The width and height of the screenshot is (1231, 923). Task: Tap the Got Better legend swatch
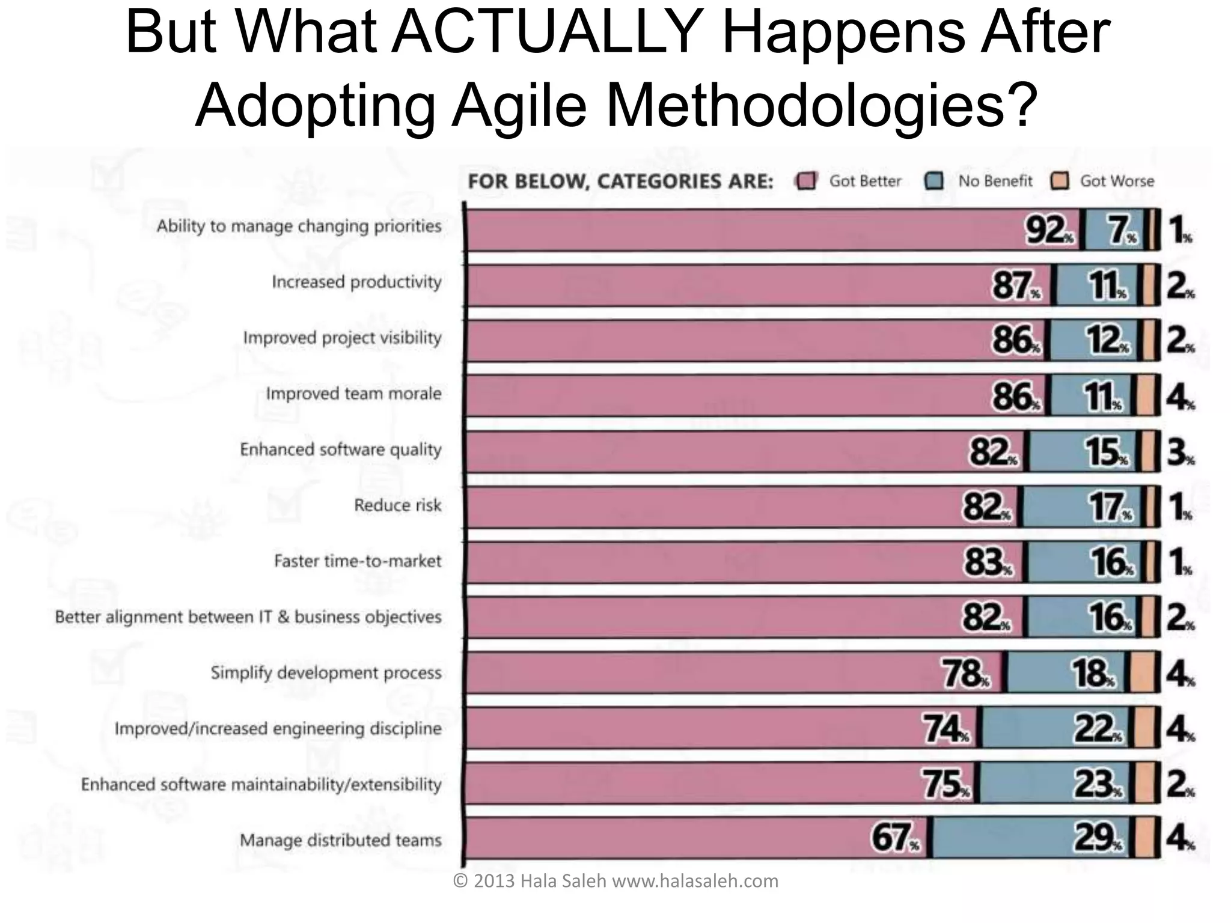click(x=805, y=181)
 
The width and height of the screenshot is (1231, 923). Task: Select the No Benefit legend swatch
click(x=934, y=181)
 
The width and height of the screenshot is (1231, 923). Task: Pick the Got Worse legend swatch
click(x=1060, y=181)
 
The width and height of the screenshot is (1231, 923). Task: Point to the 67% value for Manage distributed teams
click(x=894, y=838)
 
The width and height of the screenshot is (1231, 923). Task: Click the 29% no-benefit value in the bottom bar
click(x=1097, y=838)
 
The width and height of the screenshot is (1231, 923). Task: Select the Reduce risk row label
click(x=397, y=505)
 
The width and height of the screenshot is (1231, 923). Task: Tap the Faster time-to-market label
click(x=358, y=561)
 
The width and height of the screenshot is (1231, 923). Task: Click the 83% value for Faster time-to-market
click(x=988, y=563)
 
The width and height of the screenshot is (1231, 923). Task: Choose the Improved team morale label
click(x=353, y=394)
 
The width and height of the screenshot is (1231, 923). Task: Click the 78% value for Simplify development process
click(x=964, y=674)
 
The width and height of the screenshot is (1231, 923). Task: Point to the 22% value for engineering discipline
click(x=1097, y=730)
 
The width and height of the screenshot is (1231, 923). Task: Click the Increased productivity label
click(x=356, y=282)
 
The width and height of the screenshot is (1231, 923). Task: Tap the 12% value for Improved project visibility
click(x=1107, y=341)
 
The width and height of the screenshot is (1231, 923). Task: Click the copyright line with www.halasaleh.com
click(x=615, y=881)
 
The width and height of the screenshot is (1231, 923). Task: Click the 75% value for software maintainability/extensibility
click(x=945, y=785)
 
